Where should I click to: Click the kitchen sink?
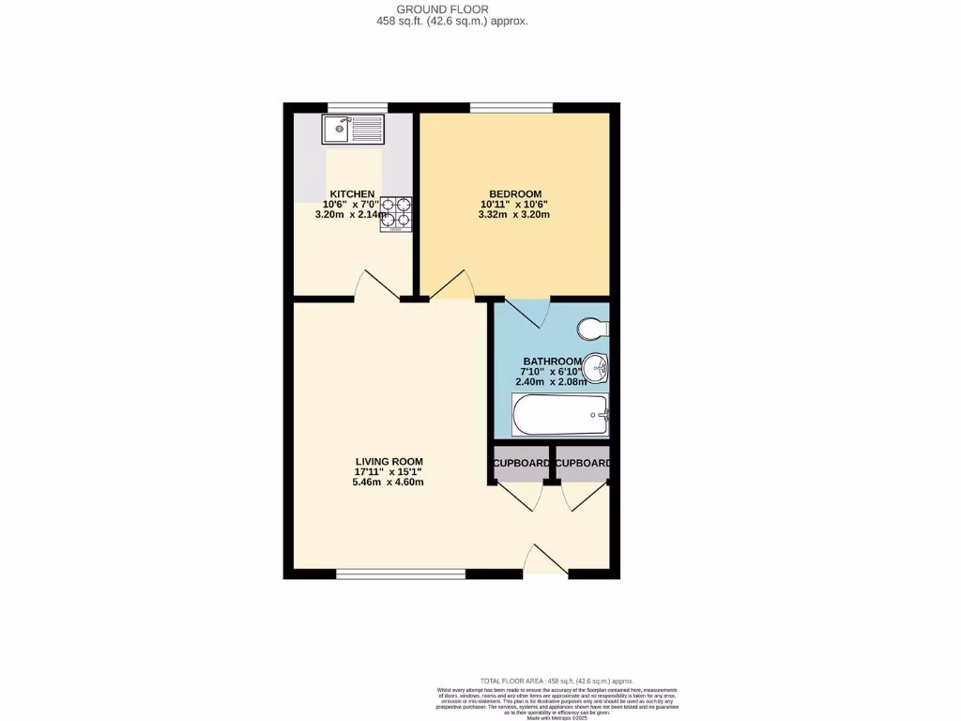353,129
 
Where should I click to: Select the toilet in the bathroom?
593,329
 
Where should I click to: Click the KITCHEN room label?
352,193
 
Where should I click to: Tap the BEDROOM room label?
512,193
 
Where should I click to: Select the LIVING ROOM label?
389,461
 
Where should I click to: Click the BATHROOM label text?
553,361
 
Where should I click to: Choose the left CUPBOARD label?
522,464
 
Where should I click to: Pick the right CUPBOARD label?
584,464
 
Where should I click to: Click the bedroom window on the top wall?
511,108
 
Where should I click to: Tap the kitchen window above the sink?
358,108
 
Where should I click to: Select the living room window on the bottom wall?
401,573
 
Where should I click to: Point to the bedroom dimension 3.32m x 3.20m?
512,215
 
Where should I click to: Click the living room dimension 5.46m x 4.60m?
389,483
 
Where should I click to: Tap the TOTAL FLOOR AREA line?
557,681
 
